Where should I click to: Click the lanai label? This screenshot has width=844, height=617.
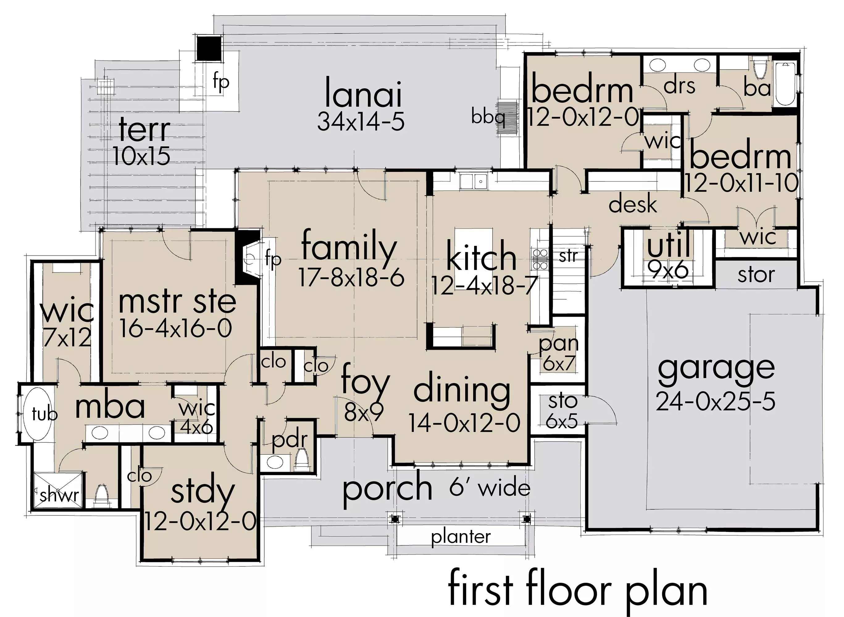click(x=363, y=92)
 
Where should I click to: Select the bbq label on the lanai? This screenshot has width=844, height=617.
click(x=488, y=117)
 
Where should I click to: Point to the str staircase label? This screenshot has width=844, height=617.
click(x=568, y=256)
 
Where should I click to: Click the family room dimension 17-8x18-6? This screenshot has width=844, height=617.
click(x=351, y=278)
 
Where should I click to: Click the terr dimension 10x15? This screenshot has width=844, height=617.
click(x=141, y=156)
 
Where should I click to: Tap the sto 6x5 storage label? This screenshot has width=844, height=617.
click(x=562, y=411)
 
